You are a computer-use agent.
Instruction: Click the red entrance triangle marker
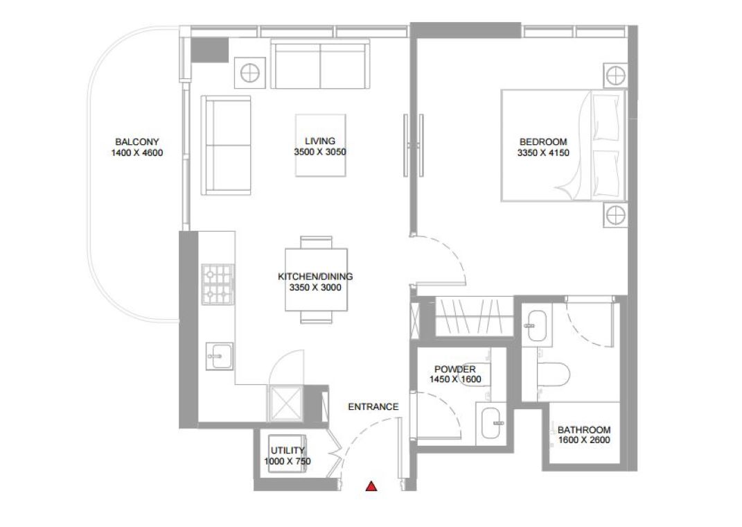(x=371, y=486)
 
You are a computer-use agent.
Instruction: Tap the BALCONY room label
(x=136, y=141)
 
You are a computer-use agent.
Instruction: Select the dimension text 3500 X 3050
(x=320, y=152)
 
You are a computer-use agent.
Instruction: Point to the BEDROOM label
(x=543, y=141)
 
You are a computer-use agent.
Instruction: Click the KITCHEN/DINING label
(x=315, y=277)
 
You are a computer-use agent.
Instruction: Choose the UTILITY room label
(x=288, y=450)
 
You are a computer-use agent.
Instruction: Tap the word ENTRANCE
(x=373, y=407)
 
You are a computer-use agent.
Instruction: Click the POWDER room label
(x=455, y=369)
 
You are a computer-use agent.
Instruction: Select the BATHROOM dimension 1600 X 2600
(x=584, y=440)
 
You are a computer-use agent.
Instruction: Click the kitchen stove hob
(x=218, y=284)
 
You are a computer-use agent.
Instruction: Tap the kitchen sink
(x=220, y=356)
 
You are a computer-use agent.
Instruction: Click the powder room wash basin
(x=492, y=423)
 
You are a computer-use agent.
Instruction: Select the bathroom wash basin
(x=537, y=325)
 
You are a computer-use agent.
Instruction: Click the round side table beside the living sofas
(x=249, y=73)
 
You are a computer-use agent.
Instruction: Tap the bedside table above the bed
(x=615, y=75)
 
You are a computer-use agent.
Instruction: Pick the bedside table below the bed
(x=615, y=216)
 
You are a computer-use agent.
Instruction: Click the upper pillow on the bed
(x=606, y=117)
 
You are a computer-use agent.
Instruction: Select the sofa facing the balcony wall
(x=226, y=146)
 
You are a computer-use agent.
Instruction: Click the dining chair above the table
(x=316, y=242)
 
